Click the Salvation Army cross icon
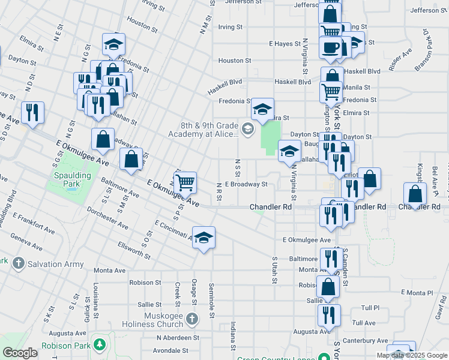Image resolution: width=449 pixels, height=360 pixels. point(19,263)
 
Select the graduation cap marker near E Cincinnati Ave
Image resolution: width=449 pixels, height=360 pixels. point(203,238)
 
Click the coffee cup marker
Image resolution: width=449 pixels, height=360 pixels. point(330,47)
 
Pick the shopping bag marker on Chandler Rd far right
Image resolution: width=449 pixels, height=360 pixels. point(415,194)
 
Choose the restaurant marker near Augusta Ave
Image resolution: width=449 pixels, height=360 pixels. point(329,315)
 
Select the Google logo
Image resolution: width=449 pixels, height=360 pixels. point(20,352)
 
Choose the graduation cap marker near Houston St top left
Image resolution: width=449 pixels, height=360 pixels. point(113,44)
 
